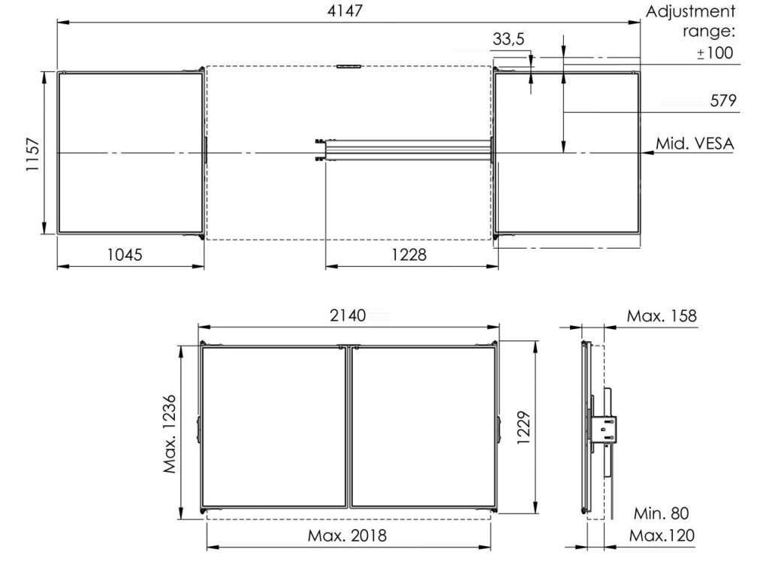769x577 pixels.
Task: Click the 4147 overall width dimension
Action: point(345,11)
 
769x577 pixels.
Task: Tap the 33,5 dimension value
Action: point(508,39)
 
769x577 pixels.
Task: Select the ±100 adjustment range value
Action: point(715,53)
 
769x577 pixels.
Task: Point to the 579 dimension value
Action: point(723,101)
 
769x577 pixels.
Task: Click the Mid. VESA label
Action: point(695,143)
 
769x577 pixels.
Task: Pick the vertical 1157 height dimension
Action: point(32,154)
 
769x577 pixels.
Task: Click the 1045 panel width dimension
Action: point(125,255)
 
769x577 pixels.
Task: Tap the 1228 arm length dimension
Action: point(409,255)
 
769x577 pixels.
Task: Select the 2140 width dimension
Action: point(348,316)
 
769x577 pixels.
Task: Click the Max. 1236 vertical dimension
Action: point(170,434)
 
